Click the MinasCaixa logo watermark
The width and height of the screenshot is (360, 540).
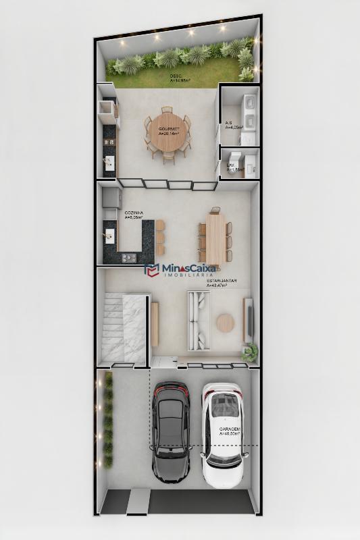point(180,271)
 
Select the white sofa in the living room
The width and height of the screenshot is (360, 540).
point(199,321)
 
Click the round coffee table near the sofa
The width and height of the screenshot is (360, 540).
point(225,323)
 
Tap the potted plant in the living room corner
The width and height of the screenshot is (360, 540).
point(251,351)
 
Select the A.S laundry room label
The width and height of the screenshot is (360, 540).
point(229,124)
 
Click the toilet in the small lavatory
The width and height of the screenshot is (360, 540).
point(250,162)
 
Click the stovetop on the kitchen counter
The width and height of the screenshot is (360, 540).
point(128,257)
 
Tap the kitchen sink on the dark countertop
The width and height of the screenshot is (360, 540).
point(109,234)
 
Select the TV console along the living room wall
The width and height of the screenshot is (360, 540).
point(248,319)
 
